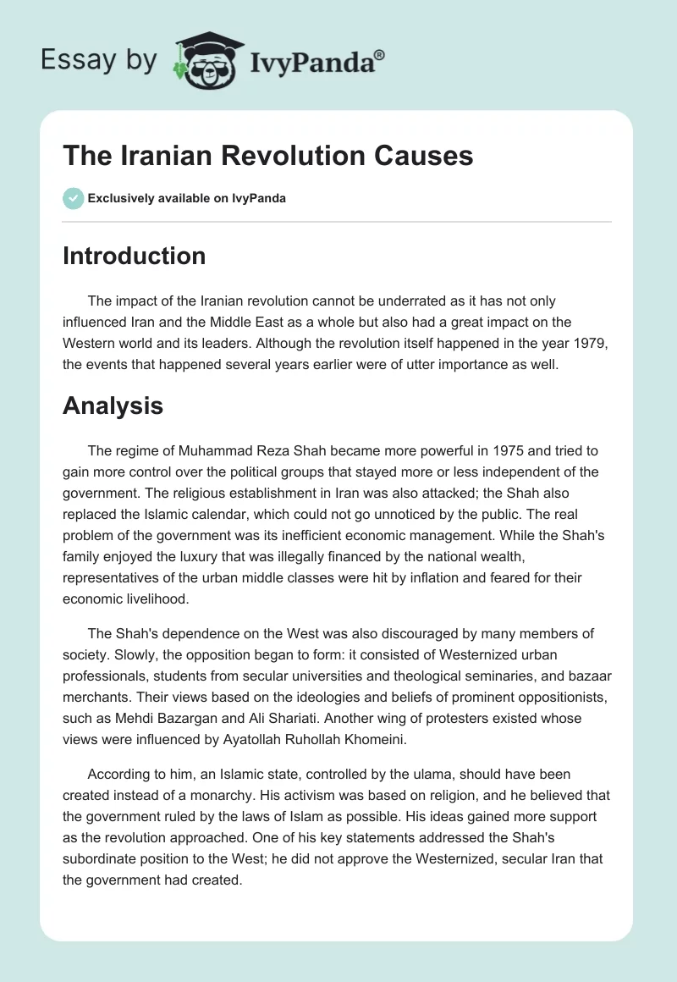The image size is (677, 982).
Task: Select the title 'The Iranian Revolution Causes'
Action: [267, 156]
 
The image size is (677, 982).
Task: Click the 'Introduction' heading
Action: [134, 256]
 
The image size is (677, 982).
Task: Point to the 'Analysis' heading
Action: [113, 405]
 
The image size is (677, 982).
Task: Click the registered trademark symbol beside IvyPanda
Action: [380, 55]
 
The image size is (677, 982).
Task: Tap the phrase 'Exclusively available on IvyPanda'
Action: [187, 198]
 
